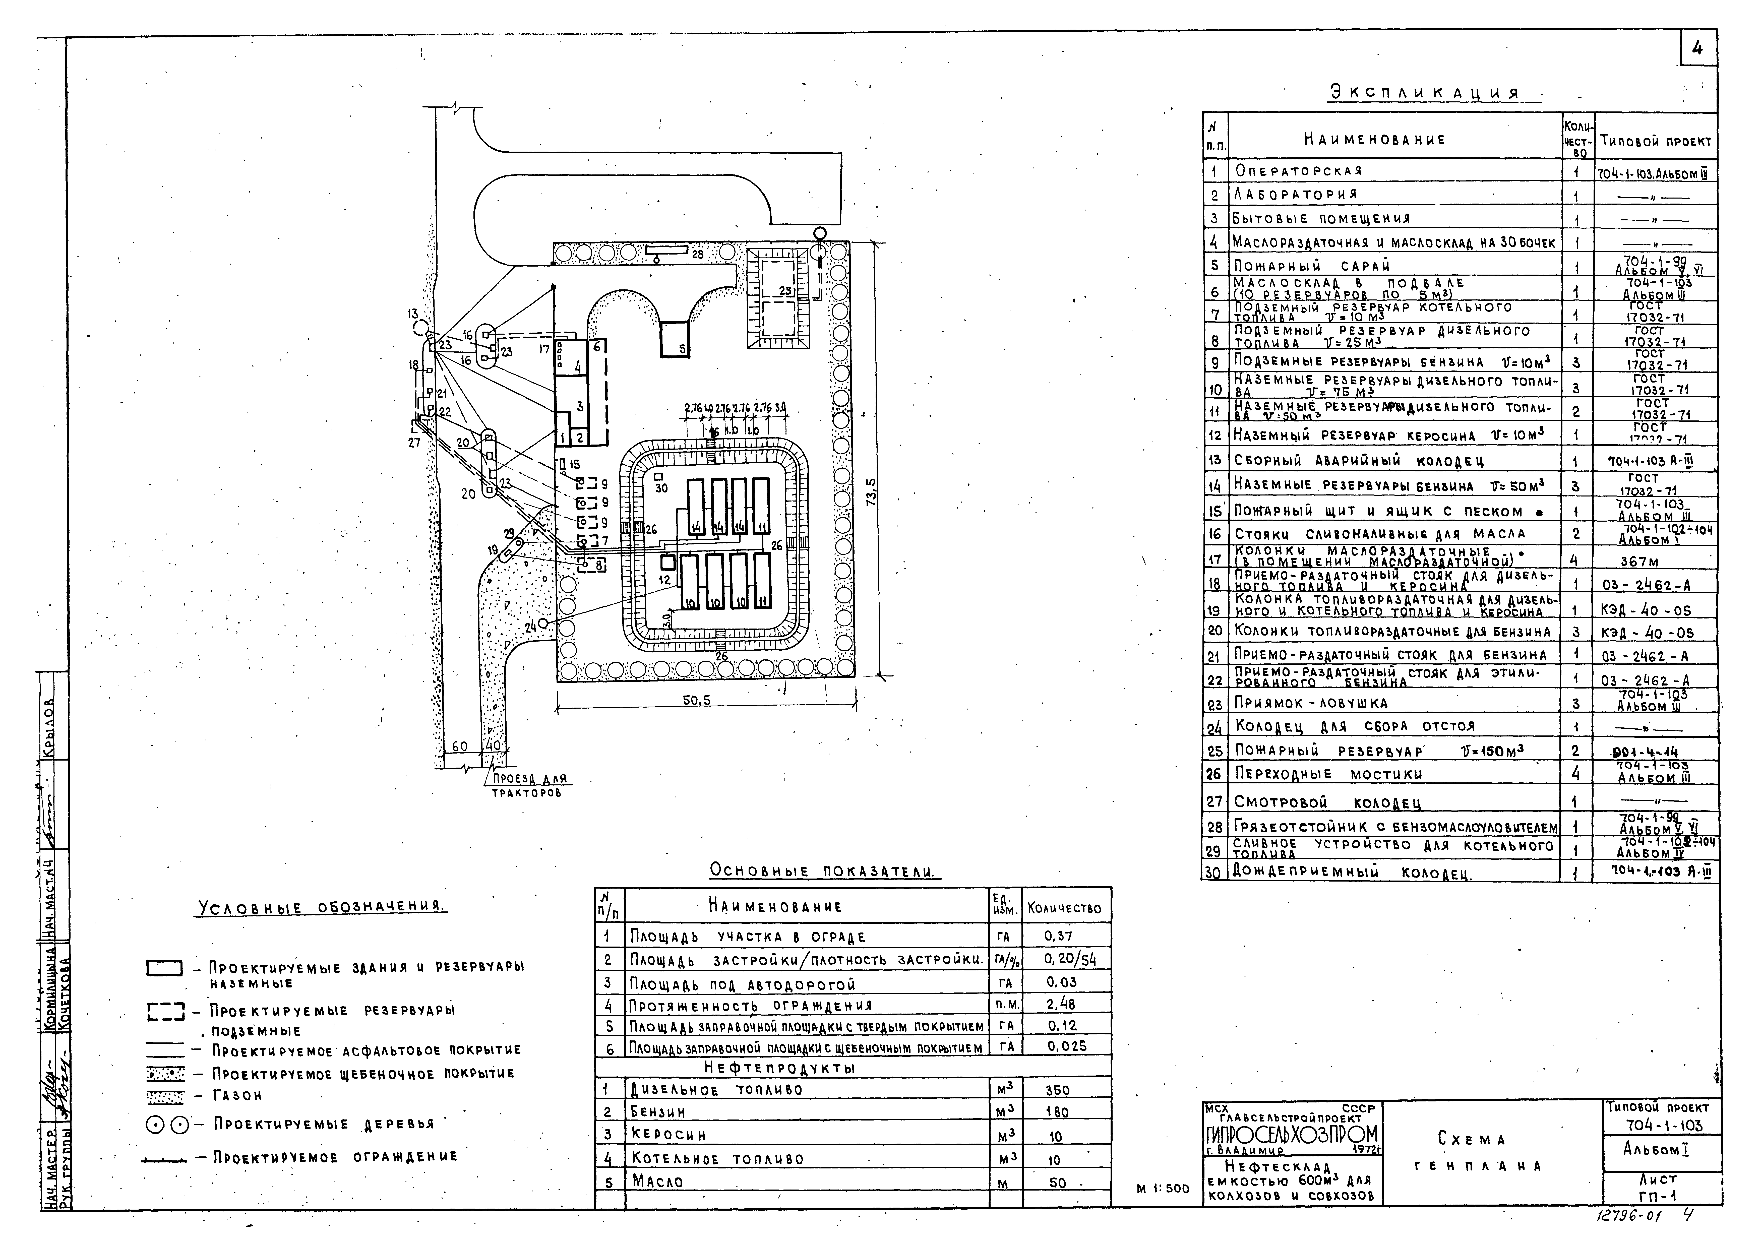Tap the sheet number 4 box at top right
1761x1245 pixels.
point(1696,49)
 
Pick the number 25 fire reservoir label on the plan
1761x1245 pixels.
point(785,291)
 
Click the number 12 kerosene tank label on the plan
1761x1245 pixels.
point(664,580)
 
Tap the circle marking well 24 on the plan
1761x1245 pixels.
point(544,624)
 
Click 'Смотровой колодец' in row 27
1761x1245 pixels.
point(1327,802)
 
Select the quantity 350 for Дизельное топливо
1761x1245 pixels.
point(1057,1090)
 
